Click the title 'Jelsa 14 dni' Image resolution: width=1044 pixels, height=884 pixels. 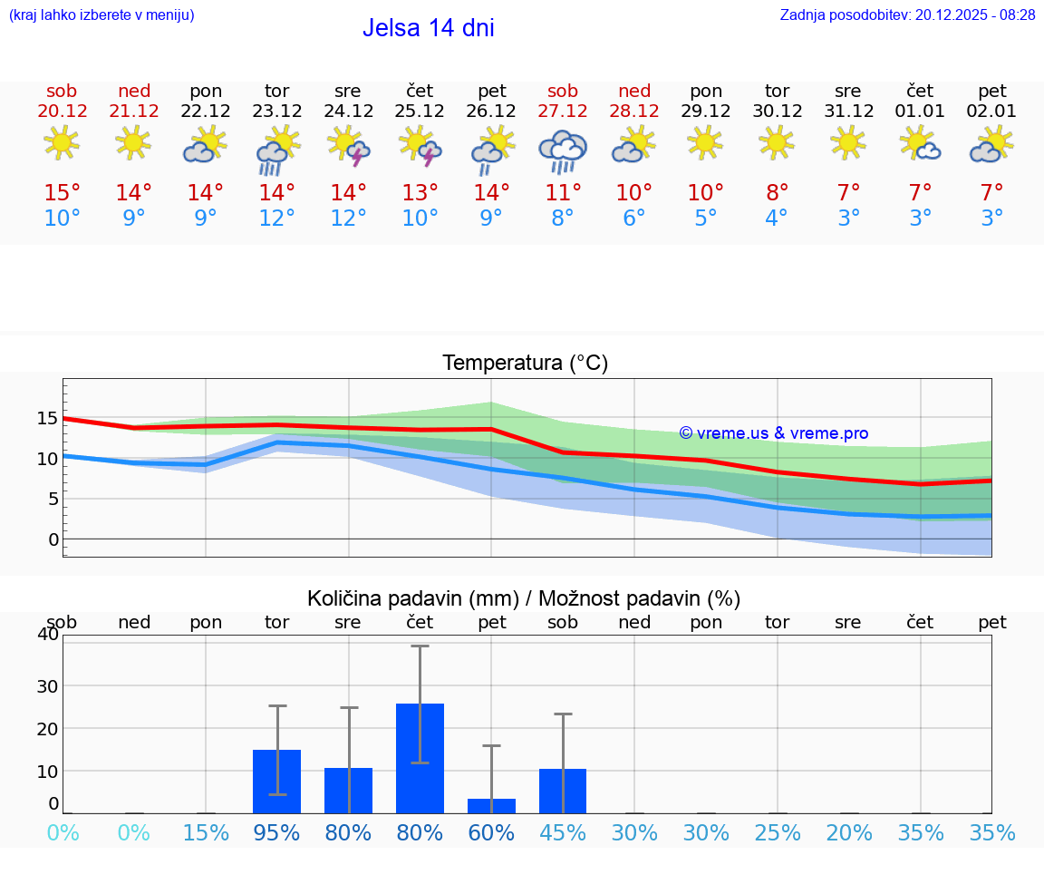click(x=428, y=28)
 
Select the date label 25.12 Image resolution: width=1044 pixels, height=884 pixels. click(x=420, y=111)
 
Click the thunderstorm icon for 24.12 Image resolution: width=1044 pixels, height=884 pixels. click(x=349, y=146)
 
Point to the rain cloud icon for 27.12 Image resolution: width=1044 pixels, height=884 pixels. click(x=563, y=151)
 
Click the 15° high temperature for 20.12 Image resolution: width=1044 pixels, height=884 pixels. click(x=63, y=192)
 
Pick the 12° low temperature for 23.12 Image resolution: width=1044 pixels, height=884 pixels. click(x=277, y=219)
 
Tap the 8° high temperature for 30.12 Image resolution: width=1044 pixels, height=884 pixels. click(x=778, y=192)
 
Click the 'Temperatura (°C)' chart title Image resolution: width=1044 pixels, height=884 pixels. click(x=525, y=364)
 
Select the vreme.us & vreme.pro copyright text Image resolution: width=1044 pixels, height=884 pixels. click(x=774, y=433)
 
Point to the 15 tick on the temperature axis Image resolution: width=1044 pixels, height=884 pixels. click(x=47, y=418)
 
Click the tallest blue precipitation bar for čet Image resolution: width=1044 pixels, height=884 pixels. click(x=420, y=758)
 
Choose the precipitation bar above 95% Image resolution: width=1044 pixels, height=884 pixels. click(x=276, y=781)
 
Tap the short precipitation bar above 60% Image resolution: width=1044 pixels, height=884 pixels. click(x=491, y=805)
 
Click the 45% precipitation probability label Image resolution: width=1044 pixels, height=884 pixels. click(x=563, y=832)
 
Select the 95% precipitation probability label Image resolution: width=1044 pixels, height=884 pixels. click(x=276, y=832)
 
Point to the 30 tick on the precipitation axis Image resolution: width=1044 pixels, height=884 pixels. click(x=46, y=685)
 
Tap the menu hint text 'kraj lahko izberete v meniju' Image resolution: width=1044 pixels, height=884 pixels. click(x=101, y=15)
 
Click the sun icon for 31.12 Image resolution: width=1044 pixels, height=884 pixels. click(x=849, y=142)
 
